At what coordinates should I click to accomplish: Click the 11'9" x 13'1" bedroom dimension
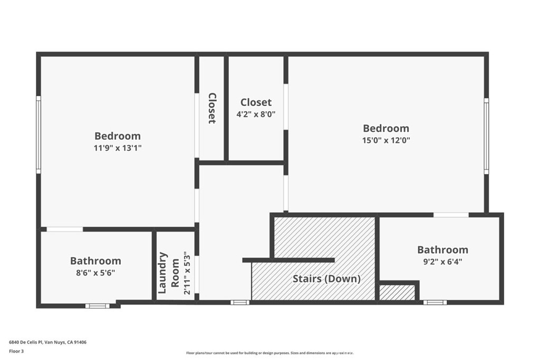pos(118,148)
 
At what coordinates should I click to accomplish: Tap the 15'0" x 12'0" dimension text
pos(386,140)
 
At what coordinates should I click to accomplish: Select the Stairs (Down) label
pos(326,278)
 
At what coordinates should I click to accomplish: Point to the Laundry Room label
pos(168,273)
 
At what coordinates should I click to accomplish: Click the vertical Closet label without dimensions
pos(212,108)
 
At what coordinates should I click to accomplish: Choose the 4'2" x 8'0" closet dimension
pos(256,114)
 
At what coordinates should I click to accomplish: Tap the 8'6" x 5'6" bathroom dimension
pos(95,273)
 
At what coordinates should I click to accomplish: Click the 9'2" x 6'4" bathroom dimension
pos(442,261)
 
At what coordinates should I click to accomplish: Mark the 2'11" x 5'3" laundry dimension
pos(187,273)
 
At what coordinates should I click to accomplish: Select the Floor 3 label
pos(16,352)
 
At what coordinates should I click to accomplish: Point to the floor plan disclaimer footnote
pos(270,353)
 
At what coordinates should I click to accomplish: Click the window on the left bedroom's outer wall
pos(38,134)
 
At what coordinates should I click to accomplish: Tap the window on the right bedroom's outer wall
pos(486,136)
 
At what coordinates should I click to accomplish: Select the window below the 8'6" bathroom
pos(98,306)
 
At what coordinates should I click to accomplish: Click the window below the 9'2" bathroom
pos(435,303)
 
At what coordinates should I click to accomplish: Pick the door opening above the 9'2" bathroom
pos(451,215)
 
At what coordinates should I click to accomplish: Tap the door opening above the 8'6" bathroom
pos(65,229)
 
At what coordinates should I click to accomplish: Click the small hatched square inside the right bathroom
pos(397,293)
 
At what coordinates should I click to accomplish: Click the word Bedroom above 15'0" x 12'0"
pos(386,129)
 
